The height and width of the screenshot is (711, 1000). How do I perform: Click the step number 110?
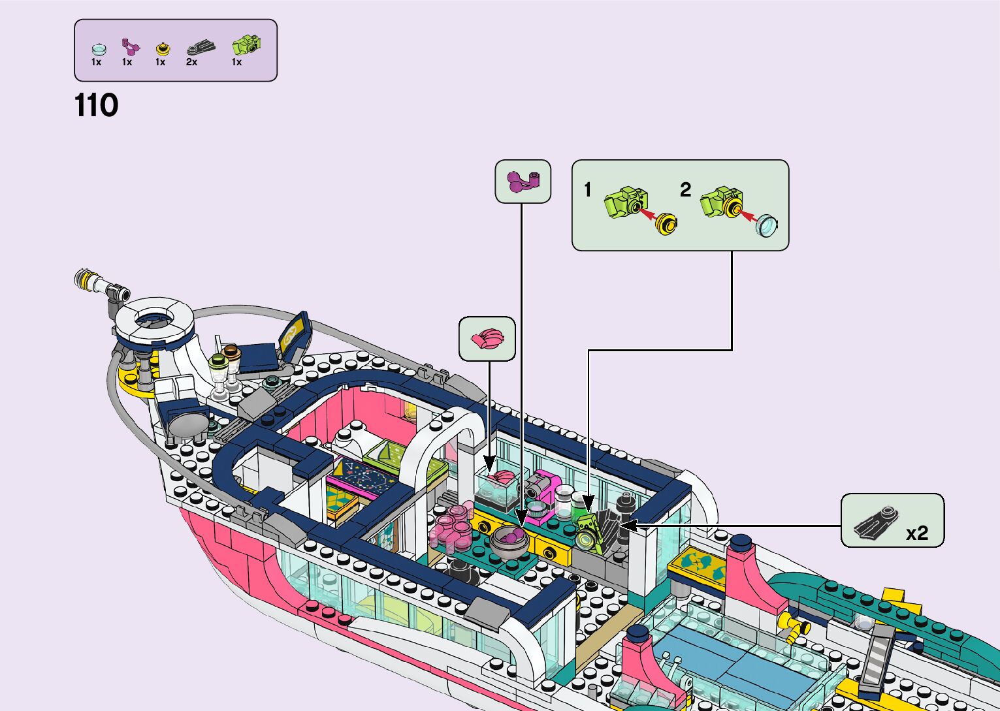(x=97, y=106)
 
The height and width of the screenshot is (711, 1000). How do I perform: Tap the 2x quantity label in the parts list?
(x=191, y=62)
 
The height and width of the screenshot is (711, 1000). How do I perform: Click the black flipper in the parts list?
(x=200, y=47)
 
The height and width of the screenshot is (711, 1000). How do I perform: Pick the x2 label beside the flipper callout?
(x=916, y=533)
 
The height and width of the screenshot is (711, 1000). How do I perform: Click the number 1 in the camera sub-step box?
(x=588, y=190)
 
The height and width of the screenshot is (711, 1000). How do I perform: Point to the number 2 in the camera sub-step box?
(x=685, y=190)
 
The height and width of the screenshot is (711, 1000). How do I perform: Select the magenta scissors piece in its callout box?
(x=522, y=181)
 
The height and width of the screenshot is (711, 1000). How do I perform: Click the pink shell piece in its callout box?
(x=487, y=339)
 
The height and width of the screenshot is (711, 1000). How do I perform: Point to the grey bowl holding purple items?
(x=509, y=541)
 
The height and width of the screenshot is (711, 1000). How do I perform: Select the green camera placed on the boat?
(x=588, y=532)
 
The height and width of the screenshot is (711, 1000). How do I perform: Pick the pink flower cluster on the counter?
(x=451, y=528)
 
